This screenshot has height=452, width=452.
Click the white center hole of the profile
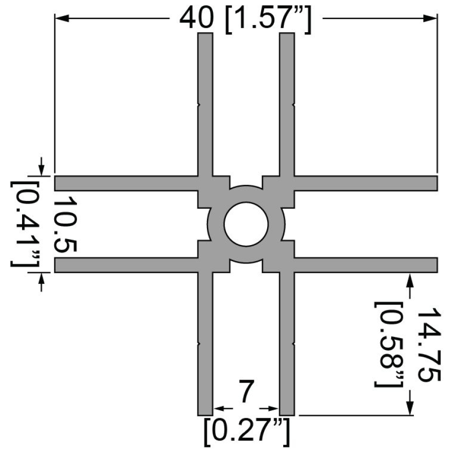[x=246, y=224]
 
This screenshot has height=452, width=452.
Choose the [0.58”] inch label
[x=389, y=344]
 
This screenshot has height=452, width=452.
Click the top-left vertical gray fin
[x=205, y=100]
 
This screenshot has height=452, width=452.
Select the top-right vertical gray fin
[x=286, y=100]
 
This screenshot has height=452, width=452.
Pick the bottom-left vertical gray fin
[x=205, y=347]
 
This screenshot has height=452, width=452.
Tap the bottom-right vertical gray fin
[x=286, y=347]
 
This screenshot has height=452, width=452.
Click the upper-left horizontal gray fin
[x=126, y=183]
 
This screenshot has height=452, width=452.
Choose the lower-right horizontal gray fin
[x=367, y=265]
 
